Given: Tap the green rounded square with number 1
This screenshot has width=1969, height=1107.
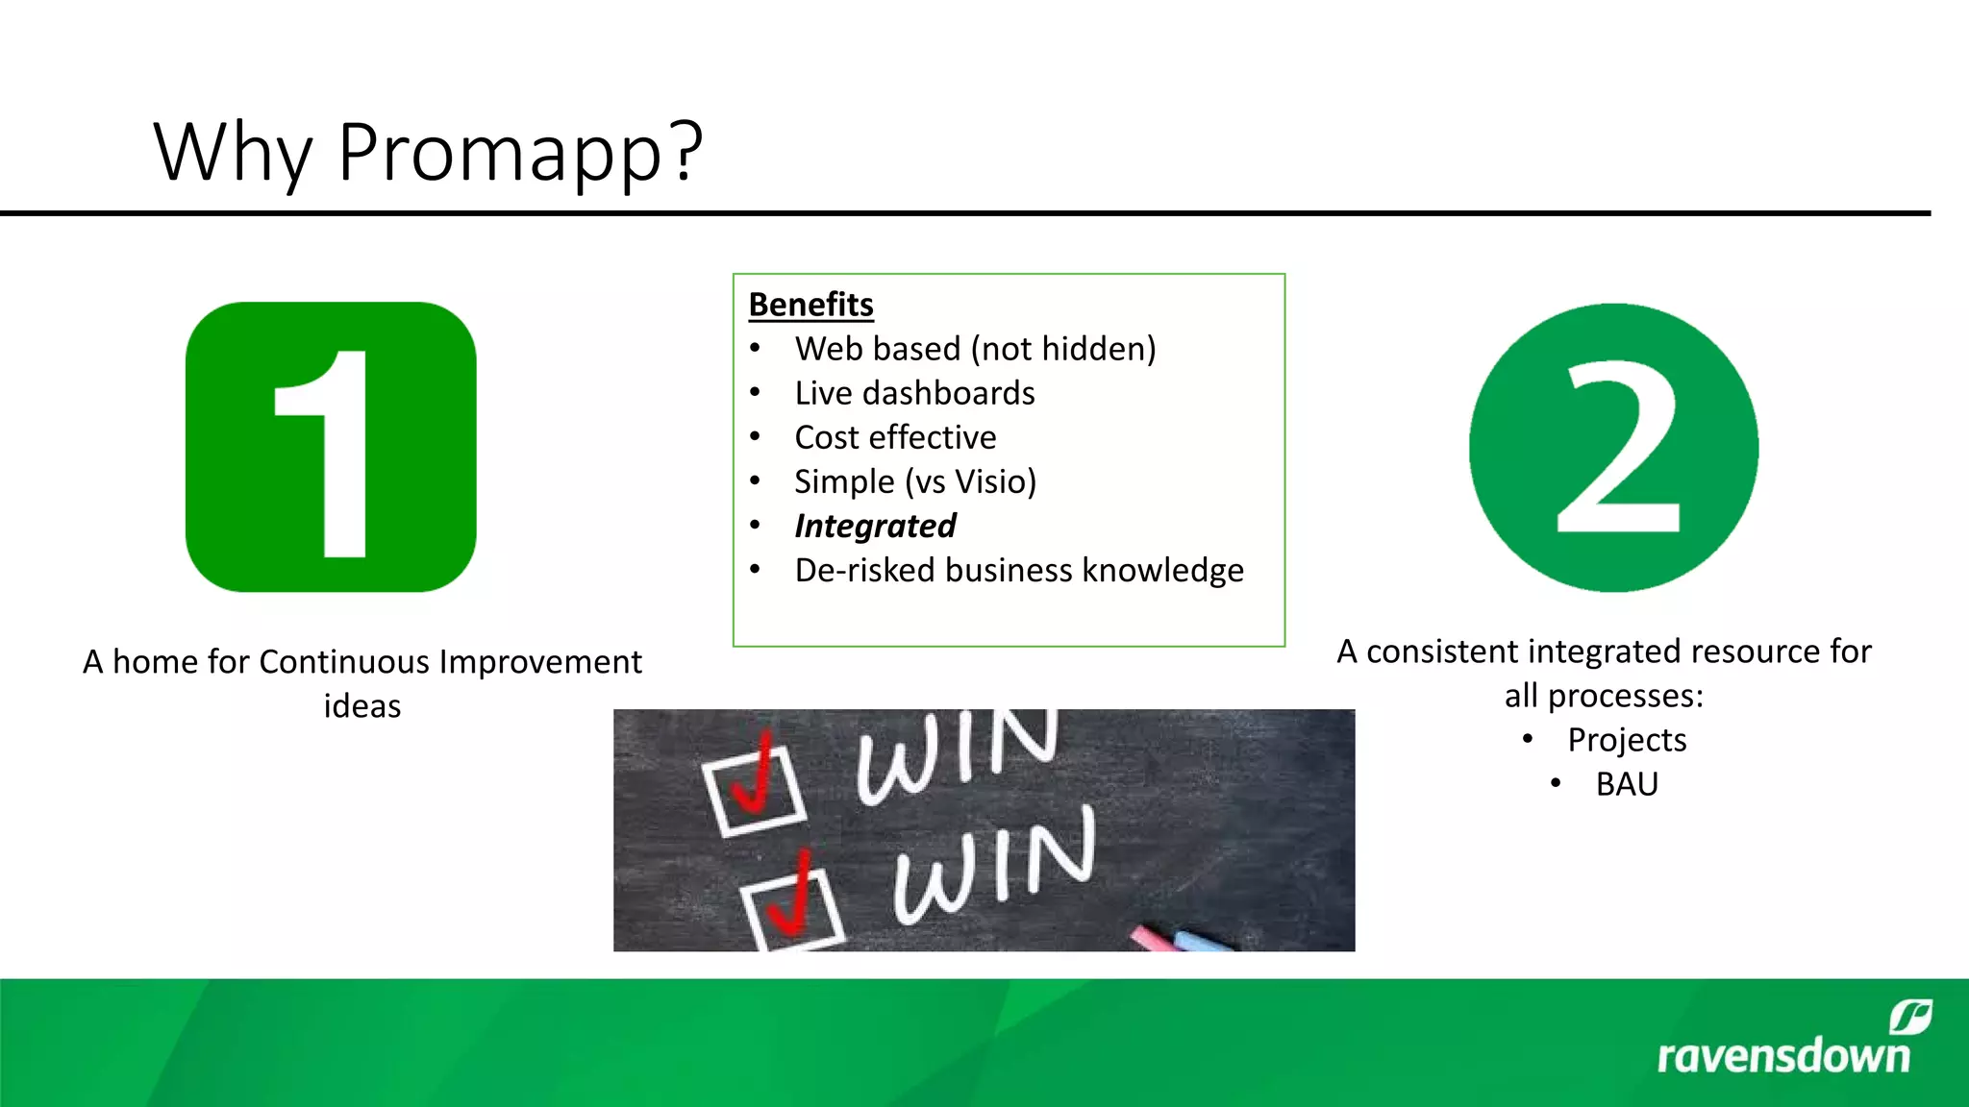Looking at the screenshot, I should tap(331, 447).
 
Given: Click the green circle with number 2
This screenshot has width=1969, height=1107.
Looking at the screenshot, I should tap(1614, 447).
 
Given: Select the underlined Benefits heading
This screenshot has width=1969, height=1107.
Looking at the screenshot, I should tap(810, 305).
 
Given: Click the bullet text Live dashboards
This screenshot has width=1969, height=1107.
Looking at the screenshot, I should tap(914, 393).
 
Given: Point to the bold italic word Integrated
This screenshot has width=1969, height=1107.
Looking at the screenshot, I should tap(875, 526).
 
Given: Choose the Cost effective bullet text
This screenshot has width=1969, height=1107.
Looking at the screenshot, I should tap(895, 437).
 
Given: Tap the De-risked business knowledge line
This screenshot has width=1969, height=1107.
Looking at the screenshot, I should tap(1019, 570).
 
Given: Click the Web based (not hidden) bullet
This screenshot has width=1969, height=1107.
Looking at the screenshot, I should tap(975, 349).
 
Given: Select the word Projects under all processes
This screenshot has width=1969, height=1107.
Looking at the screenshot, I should tap(1627, 740).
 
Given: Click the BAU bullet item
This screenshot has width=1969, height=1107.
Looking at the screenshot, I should tap(1627, 784).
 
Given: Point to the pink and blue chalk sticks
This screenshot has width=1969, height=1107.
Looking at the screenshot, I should tap(1181, 937).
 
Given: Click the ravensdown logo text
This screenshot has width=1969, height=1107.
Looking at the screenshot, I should tap(1783, 1056).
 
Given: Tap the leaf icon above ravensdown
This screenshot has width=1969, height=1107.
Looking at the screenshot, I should tap(1910, 1017).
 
